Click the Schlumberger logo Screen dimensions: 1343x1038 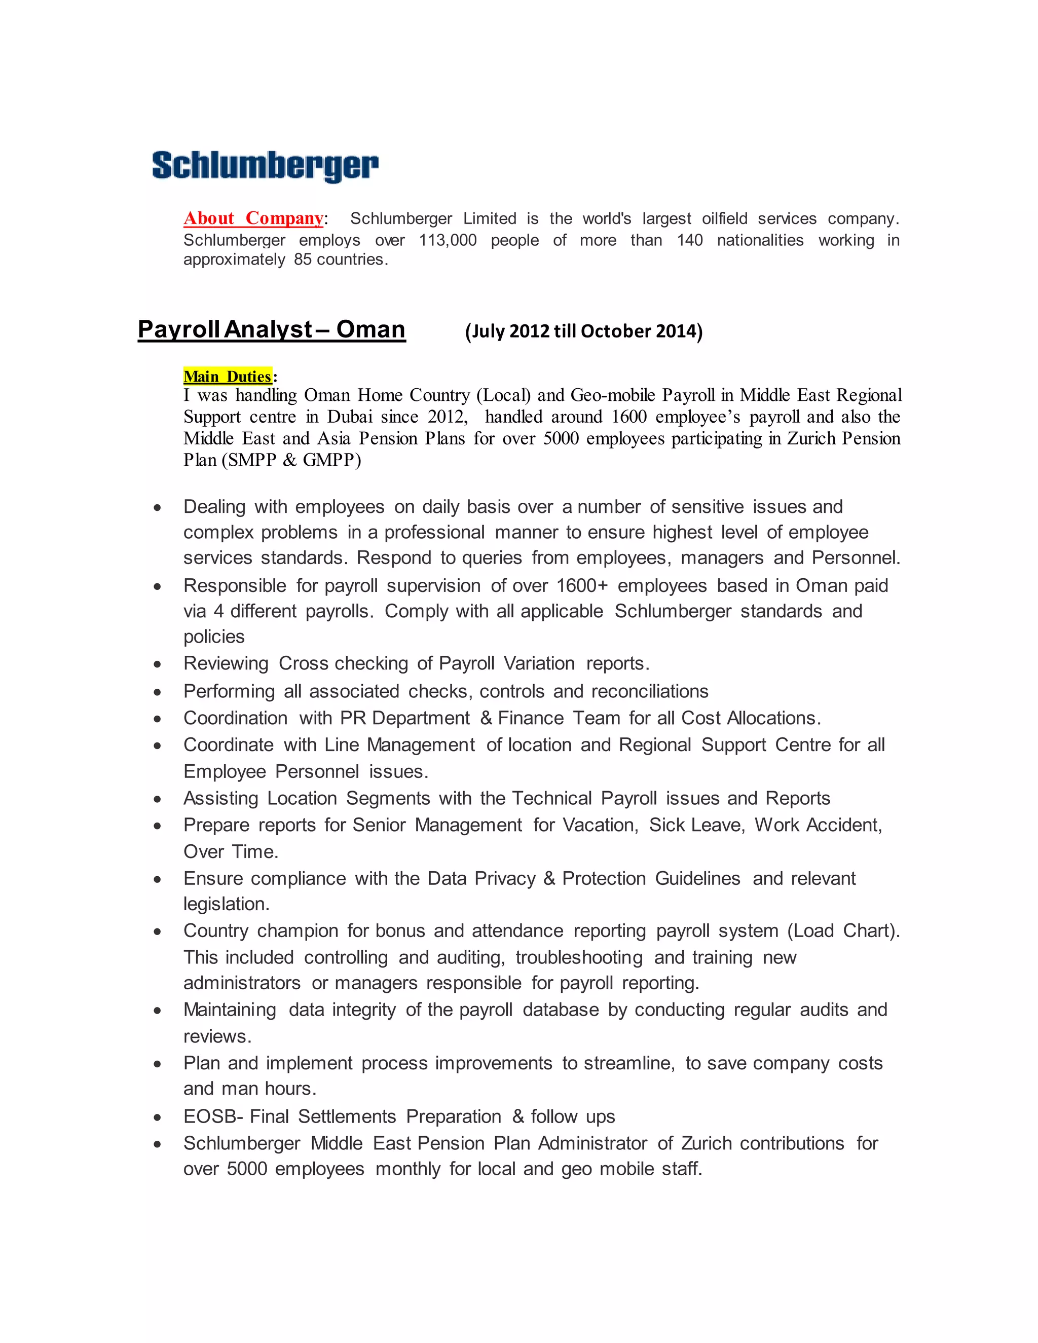(x=265, y=166)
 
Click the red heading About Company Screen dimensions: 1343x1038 (x=253, y=218)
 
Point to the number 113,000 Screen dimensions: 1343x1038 (x=448, y=240)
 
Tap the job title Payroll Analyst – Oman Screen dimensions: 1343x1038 (x=271, y=329)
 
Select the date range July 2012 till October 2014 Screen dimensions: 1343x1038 (x=583, y=331)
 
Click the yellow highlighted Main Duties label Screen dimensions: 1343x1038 (x=227, y=377)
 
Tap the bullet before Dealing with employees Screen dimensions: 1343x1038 (x=158, y=508)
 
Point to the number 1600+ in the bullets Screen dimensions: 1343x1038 (x=582, y=586)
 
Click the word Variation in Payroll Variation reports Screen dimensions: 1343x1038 (x=539, y=663)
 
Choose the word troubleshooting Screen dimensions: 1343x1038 (x=579, y=958)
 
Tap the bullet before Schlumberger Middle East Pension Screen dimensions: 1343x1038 (x=158, y=1144)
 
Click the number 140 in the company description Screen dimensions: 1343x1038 (x=689, y=240)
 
